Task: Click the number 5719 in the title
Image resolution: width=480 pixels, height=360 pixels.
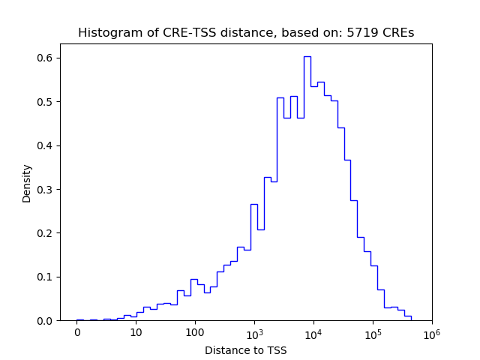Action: tap(371, 33)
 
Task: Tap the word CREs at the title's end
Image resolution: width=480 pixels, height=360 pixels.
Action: tap(400, 33)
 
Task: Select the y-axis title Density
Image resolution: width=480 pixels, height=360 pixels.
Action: tap(27, 183)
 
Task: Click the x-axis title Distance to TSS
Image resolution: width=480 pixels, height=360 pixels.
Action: tap(246, 350)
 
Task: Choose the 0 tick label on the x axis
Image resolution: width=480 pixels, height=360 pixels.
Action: tap(76, 332)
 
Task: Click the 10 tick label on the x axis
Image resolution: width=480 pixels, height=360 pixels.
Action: tap(136, 332)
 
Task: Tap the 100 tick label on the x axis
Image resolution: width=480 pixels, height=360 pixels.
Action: tap(195, 332)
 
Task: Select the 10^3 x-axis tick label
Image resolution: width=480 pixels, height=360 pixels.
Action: tap(254, 331)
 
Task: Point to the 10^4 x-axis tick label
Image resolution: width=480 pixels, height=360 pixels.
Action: tap(313, 331)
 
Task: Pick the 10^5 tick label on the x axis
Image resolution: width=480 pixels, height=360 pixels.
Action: tap(373, 331)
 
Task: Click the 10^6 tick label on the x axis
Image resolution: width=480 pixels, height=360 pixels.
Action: tap(431, 331)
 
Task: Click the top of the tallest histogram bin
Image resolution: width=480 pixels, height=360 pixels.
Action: tap(307, 56)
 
